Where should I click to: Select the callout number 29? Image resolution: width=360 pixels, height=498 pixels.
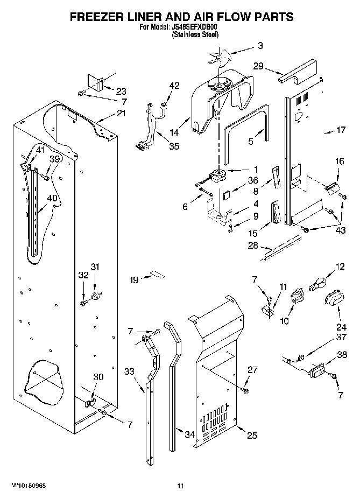click(x=258, y=66)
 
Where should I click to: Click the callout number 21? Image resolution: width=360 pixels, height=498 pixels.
click(x=121, y=113)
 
